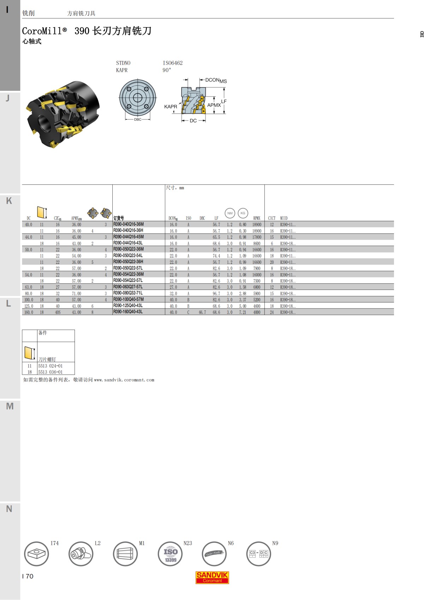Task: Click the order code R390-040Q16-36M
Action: tap(128, 224)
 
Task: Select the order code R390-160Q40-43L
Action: tap(128, 312)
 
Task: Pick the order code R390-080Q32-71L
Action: tap(128, 293)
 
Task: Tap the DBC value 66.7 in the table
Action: tap(202, 312)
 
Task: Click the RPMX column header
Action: tap(257, 218)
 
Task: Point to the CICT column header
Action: tap(271, 218)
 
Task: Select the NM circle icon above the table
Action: tap(230, 213)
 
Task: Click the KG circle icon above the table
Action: tap(243, 213)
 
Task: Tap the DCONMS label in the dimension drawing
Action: tap(216, 81)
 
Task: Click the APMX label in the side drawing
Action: tap(214, 105)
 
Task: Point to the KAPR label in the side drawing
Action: tap(170, 107)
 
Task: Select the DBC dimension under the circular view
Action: tap(137, 119)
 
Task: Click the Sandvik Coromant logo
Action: tap(212, 577)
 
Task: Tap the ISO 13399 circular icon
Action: tap(170, 554)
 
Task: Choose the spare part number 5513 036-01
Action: tap(50, 372)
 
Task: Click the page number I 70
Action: tap(28, 576)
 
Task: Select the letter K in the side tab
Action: tap(9, 201)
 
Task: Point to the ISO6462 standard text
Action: tap(172, 63)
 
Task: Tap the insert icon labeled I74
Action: tap(36, 554)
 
